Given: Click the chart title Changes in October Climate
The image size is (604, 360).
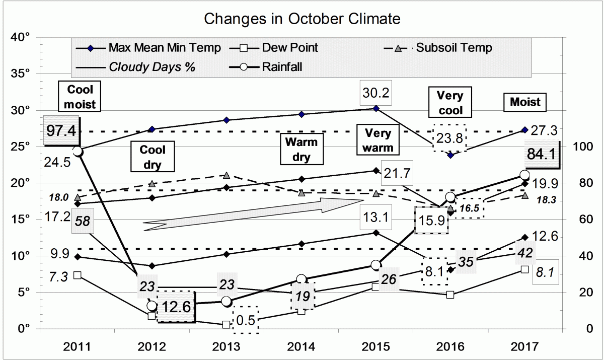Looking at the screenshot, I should [x=302, y=19].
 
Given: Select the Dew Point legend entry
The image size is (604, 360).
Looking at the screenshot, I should [x=289, y=48].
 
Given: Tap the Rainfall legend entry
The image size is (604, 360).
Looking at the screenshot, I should [x=281, y=67].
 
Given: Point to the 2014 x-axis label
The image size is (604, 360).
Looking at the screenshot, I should [x=301, y=347].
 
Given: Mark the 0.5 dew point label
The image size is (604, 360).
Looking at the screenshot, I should [x=246, y=319].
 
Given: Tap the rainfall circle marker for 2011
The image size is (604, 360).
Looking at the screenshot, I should [x=78, y=151].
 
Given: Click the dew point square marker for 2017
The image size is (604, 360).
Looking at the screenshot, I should [x=524, y=269].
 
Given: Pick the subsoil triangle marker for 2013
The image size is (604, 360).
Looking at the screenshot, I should [x=226, y=175].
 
